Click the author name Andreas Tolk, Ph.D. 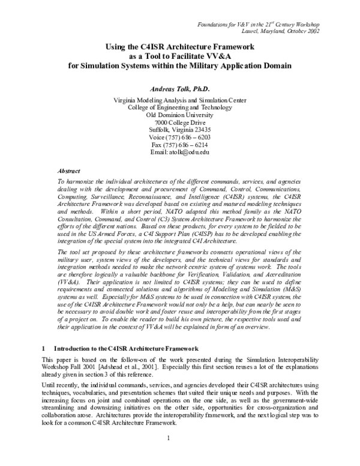(x=179, y=88)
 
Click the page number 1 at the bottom (x=179, y=453)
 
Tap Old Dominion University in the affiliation (x=179, y=114)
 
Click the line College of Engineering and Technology (x=179, y=107)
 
